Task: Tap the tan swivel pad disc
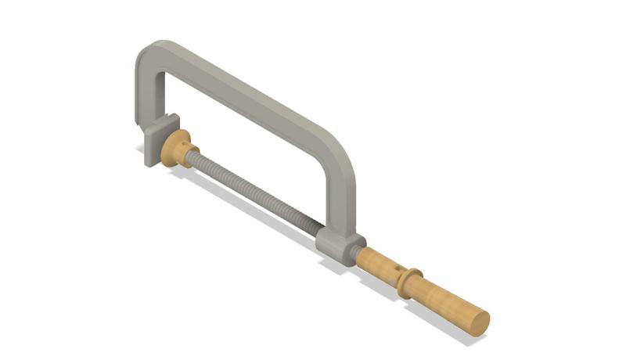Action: click(x=175, y=148)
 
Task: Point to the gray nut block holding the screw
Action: click(x=339, y=247)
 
